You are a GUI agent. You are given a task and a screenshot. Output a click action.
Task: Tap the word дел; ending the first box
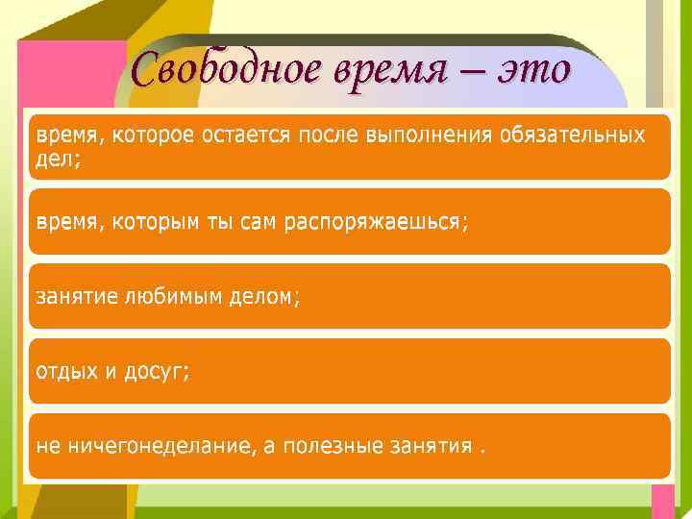pyautogui.click(x=59, y=160)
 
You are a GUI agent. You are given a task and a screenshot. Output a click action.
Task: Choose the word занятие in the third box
pyautogui.click(x=76, y=297)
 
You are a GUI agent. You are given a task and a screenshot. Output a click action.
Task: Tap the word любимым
pyautogui.click(x=170, y=297)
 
